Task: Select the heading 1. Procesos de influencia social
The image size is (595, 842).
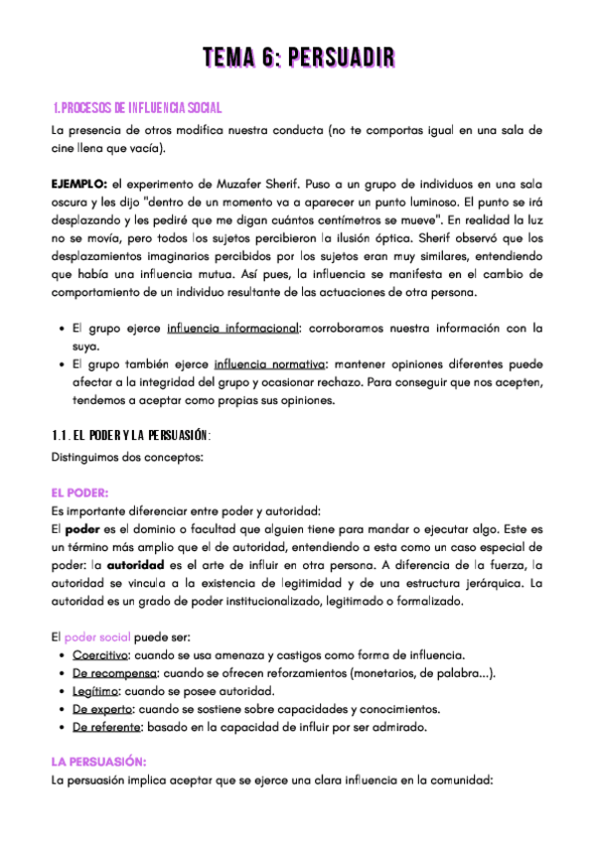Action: tap(137, 107)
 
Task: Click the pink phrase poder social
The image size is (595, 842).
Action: tap(96, 635)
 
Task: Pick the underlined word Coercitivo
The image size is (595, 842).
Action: tap(100, 654)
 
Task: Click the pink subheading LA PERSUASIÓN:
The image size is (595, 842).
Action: tap(98, 762)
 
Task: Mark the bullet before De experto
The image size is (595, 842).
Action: tap(64, 709)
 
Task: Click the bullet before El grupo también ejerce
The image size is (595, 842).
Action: tap(64, 364)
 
